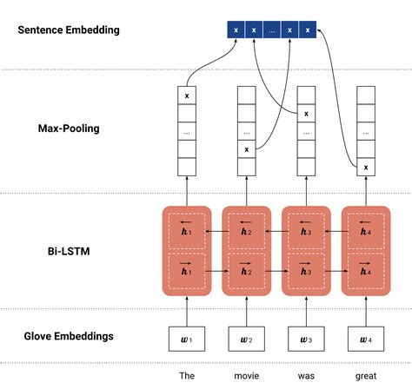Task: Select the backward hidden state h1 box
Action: (186, 229)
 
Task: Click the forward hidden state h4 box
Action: (365, 267)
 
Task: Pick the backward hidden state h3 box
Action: (305, 229)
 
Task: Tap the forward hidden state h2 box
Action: (246, 267)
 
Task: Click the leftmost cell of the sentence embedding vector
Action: (235, 30)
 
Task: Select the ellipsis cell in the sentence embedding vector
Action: (271, 30)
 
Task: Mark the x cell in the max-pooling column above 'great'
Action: (365, 167)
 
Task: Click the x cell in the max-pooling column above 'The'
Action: (186, 93)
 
